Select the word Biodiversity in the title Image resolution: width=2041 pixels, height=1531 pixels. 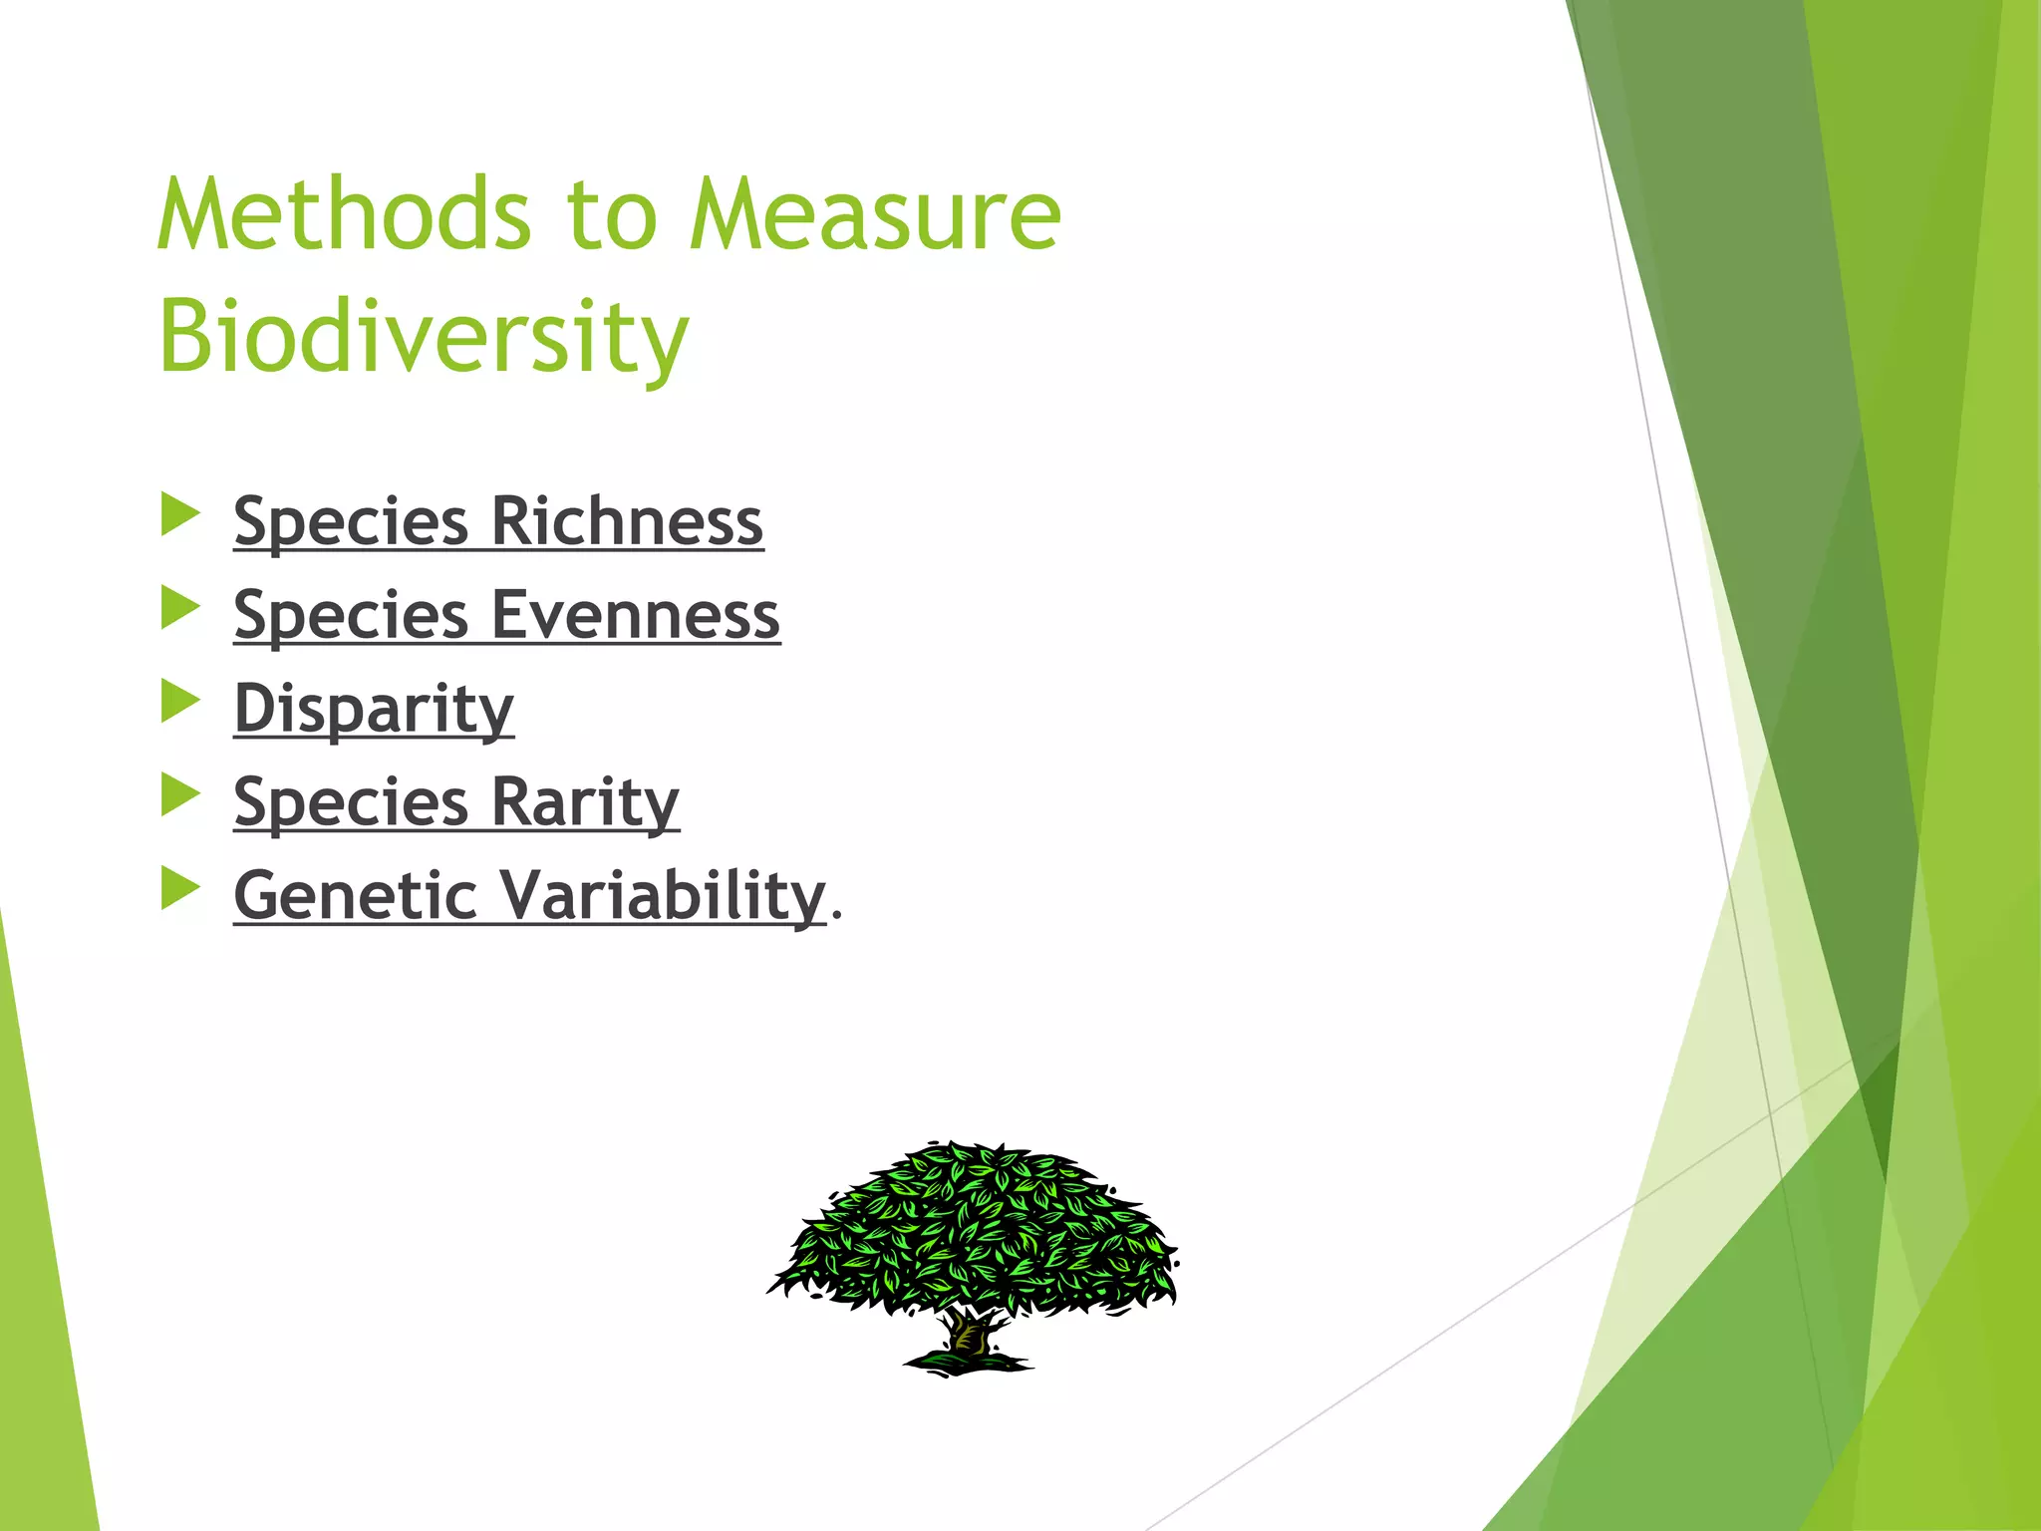coord(424,337)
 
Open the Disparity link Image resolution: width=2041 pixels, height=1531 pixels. coord(374,710)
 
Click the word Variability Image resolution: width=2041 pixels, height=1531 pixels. coord(663,895)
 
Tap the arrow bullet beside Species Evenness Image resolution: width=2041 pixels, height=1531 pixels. coord(180,608)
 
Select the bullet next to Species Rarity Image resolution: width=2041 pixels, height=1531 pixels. coord(180,794)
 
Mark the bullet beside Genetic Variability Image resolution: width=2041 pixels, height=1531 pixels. coord(180,888)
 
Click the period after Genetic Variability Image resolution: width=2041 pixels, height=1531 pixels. coord(836,913)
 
